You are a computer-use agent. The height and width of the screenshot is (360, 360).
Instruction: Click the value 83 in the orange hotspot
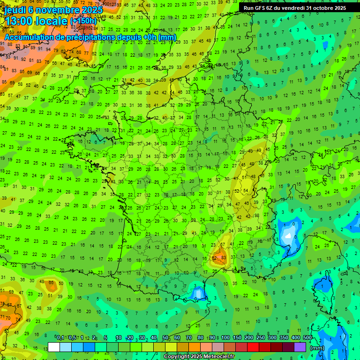point(224,257)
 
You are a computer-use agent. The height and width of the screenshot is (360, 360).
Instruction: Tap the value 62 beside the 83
point(215,257)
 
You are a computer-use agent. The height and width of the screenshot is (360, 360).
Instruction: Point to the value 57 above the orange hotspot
point(223,245)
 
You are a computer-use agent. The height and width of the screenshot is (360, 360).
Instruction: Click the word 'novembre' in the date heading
point(57,10)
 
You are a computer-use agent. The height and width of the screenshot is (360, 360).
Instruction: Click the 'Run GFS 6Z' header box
point(295,8)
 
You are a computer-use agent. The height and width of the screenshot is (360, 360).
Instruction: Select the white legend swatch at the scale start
point(54,347)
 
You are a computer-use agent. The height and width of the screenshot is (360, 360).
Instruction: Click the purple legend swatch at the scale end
point(300,347)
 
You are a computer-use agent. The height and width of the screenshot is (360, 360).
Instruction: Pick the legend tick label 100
point(225,337)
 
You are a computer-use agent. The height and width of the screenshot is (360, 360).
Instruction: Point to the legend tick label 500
point(307,337)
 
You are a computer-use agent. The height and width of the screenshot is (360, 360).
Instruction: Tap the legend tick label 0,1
point(60,337)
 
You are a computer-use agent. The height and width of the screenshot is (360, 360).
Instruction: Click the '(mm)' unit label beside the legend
point(317,348)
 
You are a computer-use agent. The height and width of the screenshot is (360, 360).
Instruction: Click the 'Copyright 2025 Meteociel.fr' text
point(199,357)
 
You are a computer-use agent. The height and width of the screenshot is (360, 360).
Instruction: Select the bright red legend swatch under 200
point(253,347)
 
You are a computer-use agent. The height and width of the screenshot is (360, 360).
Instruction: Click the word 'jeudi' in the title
point(15,10)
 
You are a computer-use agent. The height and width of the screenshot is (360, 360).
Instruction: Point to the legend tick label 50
point(165,337)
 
